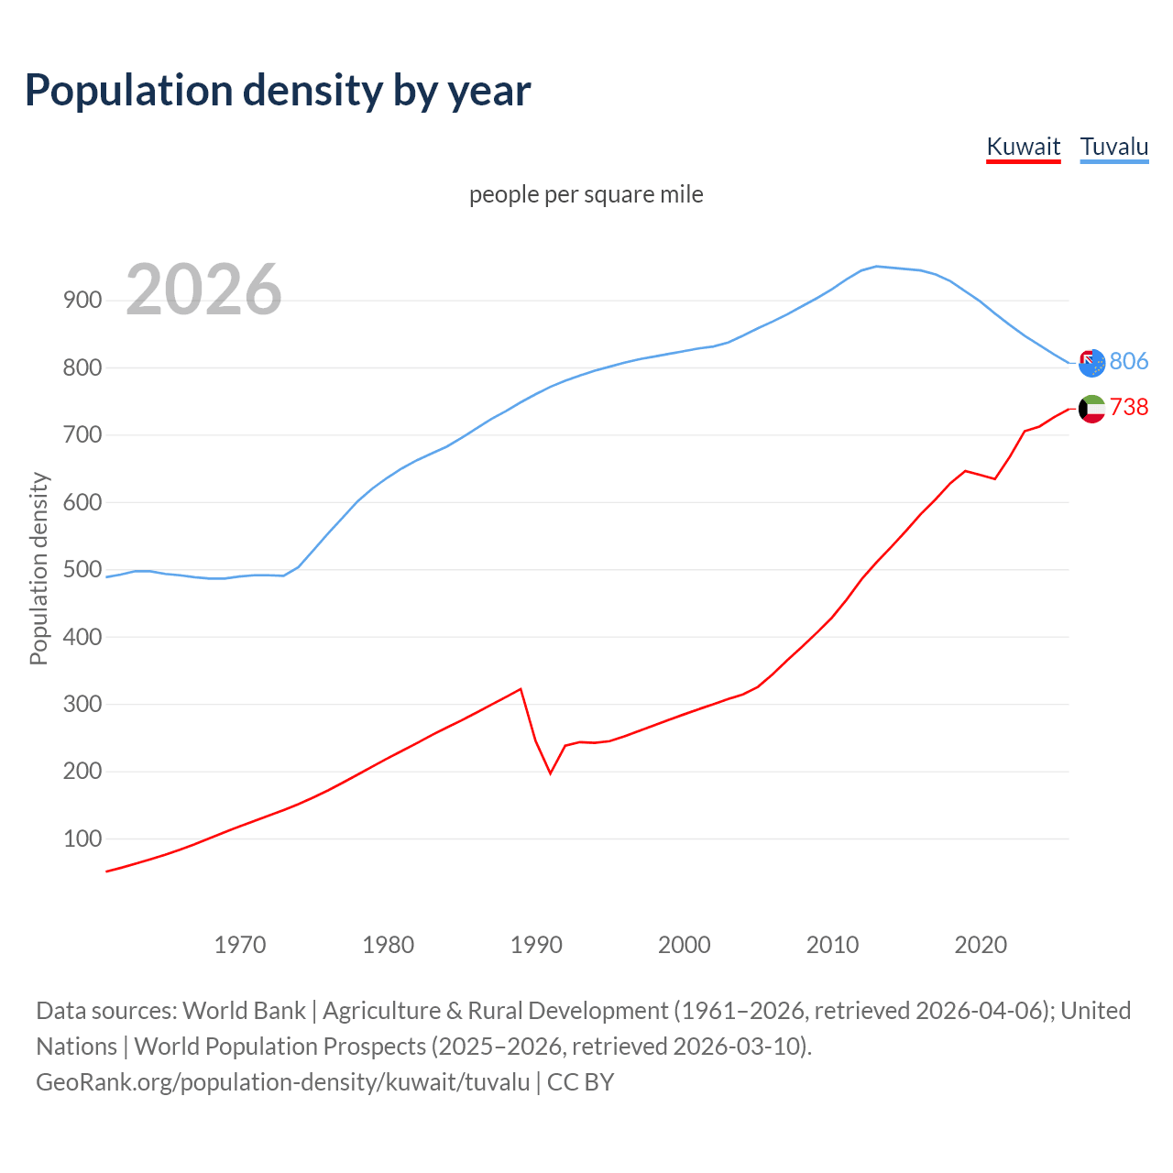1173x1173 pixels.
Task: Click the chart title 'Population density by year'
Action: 278,91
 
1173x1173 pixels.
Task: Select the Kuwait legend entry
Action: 1023,147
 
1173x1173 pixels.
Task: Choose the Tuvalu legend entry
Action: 1113,147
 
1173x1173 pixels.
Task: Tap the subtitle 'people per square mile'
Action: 586,194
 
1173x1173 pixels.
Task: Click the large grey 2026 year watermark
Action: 203,290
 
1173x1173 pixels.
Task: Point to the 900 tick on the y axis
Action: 82,300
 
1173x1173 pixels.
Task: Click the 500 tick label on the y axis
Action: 82,569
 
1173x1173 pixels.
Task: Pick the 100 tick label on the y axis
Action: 82,839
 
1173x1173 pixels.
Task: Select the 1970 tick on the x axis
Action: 240,944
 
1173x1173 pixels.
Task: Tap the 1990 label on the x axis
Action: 536,944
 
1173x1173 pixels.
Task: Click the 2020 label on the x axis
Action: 981,944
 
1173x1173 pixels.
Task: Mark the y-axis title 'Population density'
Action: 38,568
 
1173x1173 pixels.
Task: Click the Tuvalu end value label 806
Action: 1128,361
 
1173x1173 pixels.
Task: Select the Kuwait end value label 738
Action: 1128,407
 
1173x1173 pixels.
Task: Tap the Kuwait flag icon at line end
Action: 1091,409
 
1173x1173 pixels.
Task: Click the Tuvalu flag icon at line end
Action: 1091,363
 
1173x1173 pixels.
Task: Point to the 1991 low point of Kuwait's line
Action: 551,773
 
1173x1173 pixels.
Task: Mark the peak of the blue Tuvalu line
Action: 877,267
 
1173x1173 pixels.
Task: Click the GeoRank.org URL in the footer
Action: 282,1082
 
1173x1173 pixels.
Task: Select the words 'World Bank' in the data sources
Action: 244,1011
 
